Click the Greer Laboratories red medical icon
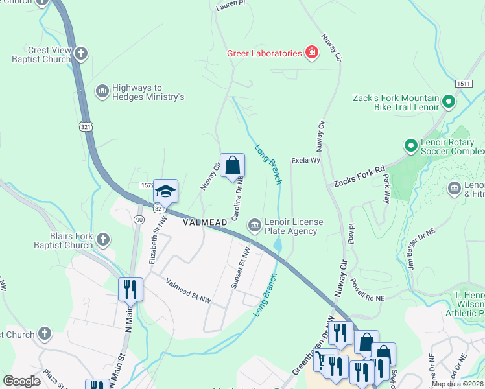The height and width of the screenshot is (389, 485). (x=312, y=53)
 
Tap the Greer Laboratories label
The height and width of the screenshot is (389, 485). (x=265, y=53)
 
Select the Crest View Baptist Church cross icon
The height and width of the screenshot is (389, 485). (x=80, y=54)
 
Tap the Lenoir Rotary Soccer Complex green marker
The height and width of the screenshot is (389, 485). (x=410, y=145)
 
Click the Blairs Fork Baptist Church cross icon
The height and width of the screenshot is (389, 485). (x=102, y=240)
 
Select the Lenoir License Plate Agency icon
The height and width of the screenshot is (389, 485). (x=254, y=226)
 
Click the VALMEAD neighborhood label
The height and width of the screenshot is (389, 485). (x=205, y=222)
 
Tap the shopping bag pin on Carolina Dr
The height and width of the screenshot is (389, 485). (x=232, y=166)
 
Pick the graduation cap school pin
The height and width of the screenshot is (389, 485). (x=165, y=192)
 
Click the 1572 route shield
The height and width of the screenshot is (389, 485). (x=146, y=185)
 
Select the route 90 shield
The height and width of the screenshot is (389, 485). (x=139, y=220)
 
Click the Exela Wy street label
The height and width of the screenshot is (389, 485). (x=306, y=159)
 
